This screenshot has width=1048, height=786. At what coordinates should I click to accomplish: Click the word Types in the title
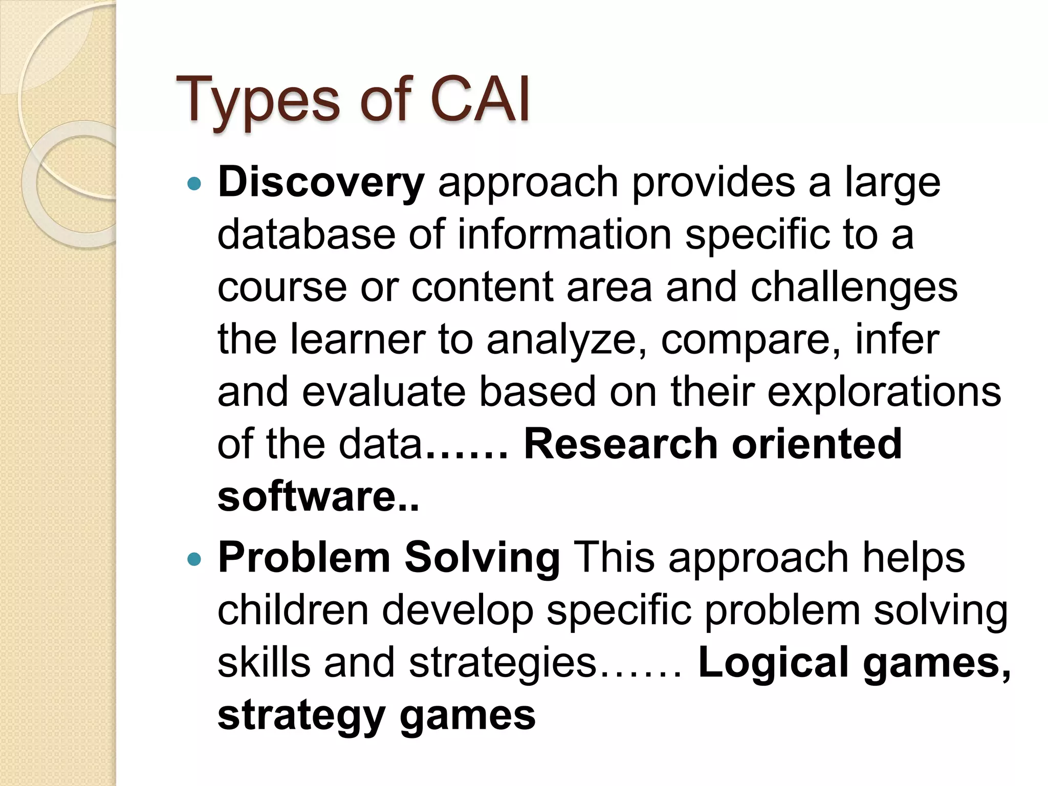(257, 100)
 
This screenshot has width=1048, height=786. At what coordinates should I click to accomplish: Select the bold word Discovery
(321, 183)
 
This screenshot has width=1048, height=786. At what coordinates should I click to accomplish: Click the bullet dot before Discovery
(194, 183)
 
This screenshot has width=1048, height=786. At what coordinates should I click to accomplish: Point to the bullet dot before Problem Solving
(194, 559)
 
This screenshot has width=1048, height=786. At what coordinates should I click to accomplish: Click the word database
(306, 235)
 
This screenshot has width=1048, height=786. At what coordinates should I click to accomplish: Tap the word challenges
(854, 288)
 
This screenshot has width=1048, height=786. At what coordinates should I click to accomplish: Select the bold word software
(306, 497)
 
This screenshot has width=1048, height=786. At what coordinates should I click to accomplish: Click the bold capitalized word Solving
(482, 559)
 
